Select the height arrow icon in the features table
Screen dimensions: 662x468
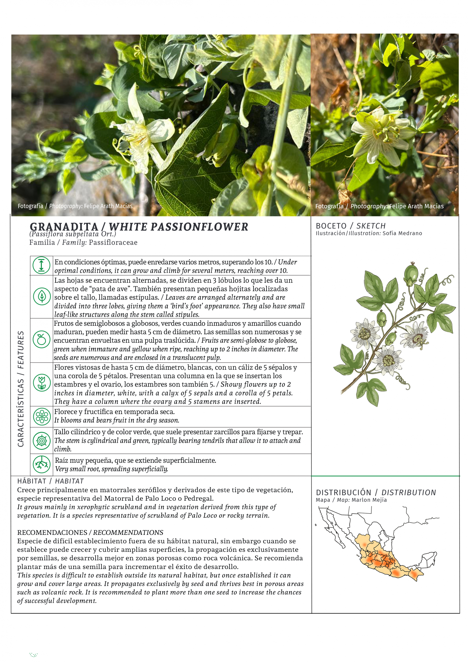tap(42, 265)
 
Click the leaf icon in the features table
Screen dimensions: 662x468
tap(42, 296)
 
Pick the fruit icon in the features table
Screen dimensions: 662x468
tap(42, 339)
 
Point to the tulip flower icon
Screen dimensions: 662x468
tap(42, 383)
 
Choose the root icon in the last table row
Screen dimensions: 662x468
tap(42, 464)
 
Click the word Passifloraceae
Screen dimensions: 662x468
tap(113, 243)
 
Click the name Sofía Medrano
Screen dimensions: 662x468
tap(402, 233)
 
